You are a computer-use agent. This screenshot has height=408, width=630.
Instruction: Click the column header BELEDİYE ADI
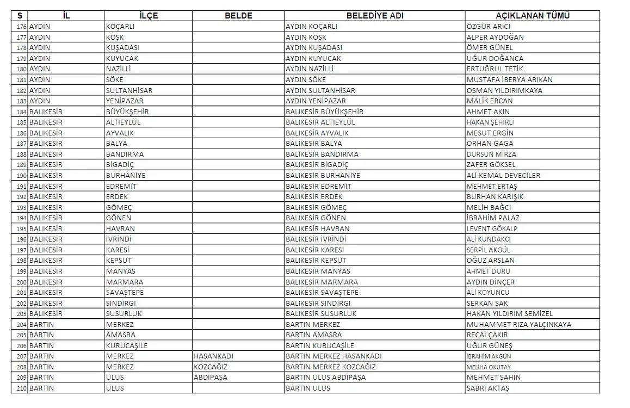click(374, 16)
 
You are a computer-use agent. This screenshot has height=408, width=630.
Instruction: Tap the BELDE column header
click(238, 16)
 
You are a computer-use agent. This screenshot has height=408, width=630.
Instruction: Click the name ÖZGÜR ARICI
click(488, 27)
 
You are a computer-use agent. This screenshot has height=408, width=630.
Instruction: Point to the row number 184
click(21, 112)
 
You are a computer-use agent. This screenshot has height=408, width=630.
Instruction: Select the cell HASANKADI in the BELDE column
click(214, 356)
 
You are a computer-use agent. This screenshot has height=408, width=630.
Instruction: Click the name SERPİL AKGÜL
click(489, 250)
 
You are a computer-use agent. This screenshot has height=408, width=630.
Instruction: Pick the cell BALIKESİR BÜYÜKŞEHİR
click(324, 112)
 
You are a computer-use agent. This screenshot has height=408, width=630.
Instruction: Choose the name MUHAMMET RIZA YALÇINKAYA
click(519, 324)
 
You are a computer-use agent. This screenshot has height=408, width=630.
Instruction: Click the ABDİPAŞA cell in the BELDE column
click(211, 378)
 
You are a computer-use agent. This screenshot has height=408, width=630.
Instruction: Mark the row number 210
click(21, 388)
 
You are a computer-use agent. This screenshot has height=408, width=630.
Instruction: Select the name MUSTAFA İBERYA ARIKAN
click(509, 80)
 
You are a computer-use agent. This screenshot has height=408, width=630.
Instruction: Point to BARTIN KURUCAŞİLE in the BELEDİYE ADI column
click(320, 345)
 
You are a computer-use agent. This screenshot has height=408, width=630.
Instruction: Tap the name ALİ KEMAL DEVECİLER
click(503, 176)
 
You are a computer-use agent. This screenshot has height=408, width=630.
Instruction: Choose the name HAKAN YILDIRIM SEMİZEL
click(510, 314)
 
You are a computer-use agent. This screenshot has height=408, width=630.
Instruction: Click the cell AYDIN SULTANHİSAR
click(320, 90)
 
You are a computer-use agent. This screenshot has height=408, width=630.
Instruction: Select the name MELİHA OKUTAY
click(489, 367)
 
